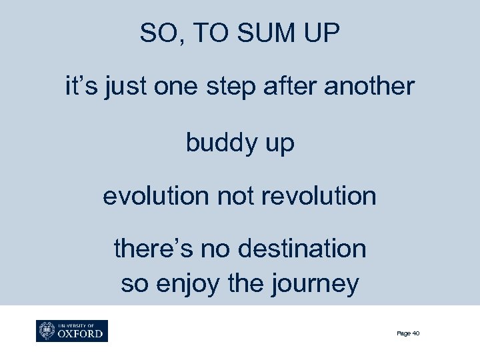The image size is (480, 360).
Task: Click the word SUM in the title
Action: tap(256, 33)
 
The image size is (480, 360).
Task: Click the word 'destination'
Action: tap(313, 249)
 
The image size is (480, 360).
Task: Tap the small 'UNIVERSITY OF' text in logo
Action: tap(75, 325)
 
